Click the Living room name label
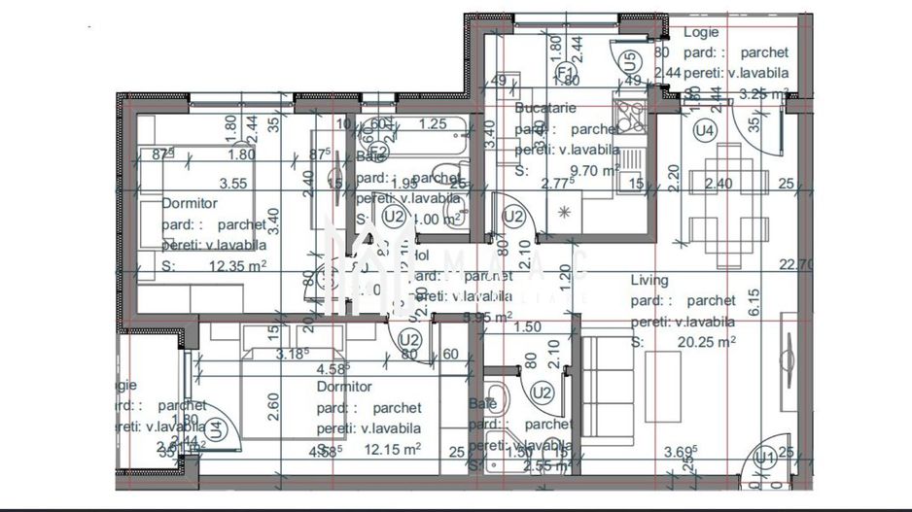[x=649, y=280]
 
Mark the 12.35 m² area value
[x=237, y=264]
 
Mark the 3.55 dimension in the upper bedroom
[x=232, y=183]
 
